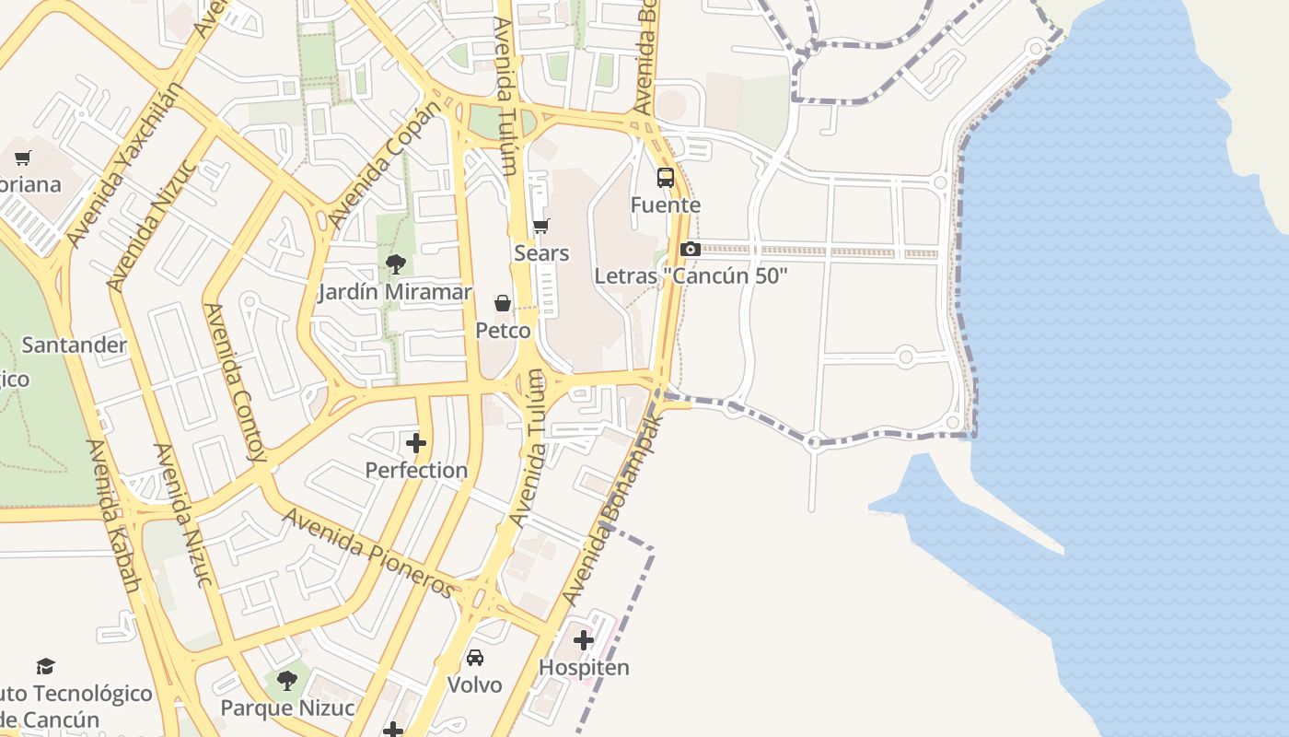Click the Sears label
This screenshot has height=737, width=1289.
(x=541, y=252)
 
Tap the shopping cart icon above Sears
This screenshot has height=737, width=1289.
(x=541, y=226)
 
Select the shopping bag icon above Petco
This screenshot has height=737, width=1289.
(x=503, y=303)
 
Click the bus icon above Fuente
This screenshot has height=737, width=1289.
(x=665, y=178)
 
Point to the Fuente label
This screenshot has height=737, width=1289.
(x=665, y=205)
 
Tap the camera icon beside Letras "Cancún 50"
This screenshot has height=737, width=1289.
(x=690, y=249)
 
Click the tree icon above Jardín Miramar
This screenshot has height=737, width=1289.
(x=396, y=265)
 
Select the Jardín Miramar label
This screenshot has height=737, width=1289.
(x=395, y=292)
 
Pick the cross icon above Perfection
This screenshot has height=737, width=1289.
(x=416, y=443)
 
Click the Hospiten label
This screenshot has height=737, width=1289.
(x=584, y=667)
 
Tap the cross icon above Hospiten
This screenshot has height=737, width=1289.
(x=584, y=639)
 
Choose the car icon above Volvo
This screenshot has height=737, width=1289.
(x=475, y=658)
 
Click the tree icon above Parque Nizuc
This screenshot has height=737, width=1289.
(x=287, y=681)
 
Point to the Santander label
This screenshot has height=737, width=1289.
(x=74, y=345)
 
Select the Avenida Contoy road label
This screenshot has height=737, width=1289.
(x=235, y=382)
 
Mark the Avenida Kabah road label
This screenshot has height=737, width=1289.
(x=113, y=516)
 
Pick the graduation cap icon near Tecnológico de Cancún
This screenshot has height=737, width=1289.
(x=45, y=666)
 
